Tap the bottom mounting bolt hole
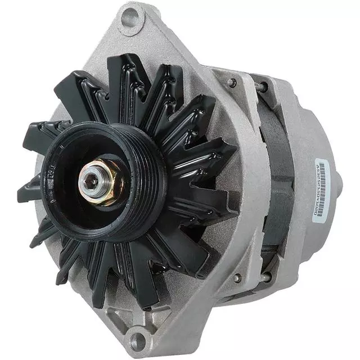pos(137,339)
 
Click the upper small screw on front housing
pos(232,82)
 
